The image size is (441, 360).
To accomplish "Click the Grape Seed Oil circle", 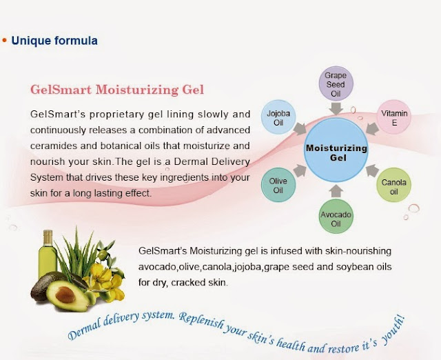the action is (336, 83).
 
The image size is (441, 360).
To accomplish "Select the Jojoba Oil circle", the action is (278, 117).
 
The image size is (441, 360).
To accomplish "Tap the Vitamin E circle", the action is (393, 117).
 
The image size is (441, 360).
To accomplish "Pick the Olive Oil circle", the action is (278, 185).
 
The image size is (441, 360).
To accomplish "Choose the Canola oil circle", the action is (393, 185).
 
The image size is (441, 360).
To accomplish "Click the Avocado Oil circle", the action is (336, 217).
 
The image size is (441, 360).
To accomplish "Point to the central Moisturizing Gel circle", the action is (336, 150).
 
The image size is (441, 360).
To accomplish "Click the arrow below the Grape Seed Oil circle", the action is (336, 109).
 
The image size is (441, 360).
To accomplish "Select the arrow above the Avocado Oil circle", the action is (336, 191).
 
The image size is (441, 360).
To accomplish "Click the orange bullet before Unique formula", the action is (4, 41).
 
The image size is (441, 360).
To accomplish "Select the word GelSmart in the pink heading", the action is (61, 90).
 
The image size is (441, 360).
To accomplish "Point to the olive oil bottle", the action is (48, 253).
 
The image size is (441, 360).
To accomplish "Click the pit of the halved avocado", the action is (65, 294).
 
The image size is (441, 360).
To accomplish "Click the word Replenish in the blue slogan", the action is (202, 321).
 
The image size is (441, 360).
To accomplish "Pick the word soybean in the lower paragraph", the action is (355, 267).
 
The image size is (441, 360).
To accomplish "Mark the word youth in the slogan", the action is (393, 330).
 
